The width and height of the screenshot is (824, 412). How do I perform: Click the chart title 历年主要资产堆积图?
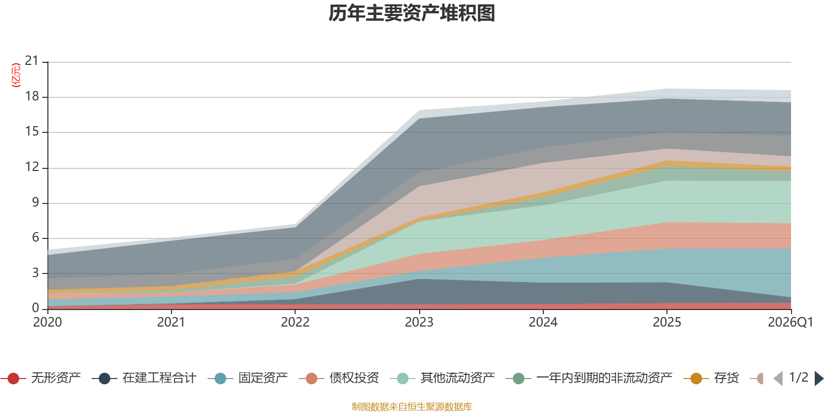click(x=412, y=13)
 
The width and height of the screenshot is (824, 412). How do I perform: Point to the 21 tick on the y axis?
click(x=32, y=61)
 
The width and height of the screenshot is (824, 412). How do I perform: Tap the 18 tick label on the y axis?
click(x=32, y=96)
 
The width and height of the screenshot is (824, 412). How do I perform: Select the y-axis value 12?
click(x=32, y=167)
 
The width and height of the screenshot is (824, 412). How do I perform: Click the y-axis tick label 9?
click(x=35, y=202)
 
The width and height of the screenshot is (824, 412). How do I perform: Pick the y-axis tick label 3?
click(x=35, y=273)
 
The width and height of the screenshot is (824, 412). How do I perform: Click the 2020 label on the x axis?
click(x=47, y=322)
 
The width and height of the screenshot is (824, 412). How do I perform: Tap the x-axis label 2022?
click(x=295, y=322)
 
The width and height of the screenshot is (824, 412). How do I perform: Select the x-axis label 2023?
click(x=419, y=322)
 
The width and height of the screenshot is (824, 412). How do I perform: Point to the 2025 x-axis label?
click(x=667, y=322)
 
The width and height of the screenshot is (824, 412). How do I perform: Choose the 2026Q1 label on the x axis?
click(x=790, y=322)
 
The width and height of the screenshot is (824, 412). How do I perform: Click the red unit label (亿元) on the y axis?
click(x=16, y=75)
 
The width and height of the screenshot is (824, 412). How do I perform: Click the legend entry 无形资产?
click(x=56, y=379)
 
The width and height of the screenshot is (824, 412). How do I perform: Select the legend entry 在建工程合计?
click(x=159, y=379)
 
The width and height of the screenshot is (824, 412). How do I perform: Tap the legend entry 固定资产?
click(x=263, y=379)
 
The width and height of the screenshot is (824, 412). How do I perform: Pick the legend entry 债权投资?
click(x=354, y=379)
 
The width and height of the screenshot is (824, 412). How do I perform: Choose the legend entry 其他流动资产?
click(x=457, y=379)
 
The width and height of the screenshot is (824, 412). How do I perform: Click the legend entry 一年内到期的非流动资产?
click(x=604, y=379)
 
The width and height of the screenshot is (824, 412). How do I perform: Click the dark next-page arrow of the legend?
click(x=818, y=379)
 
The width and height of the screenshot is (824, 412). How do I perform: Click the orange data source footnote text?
click(x=412, y=407)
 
